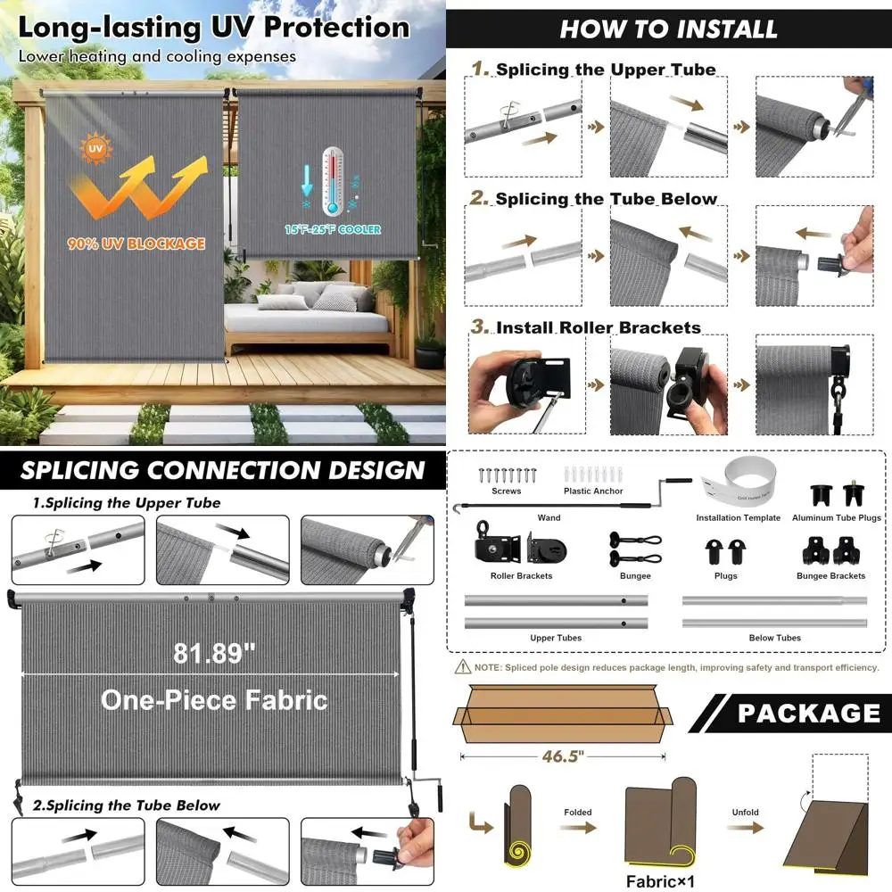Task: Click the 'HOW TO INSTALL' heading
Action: point(668,29)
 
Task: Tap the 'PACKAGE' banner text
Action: point(808,714)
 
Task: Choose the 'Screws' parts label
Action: point(506,491)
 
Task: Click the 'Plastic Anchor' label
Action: point(593,491)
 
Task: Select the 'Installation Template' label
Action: point(738,518)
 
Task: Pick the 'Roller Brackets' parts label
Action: point(521,576)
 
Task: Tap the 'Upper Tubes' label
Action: point(556,639)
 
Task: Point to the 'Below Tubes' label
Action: point(774,639)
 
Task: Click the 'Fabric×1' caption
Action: point(658,882)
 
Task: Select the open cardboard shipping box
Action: point(562,714)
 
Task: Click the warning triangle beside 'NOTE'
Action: point(462,667)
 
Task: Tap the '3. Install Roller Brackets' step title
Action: point(586,327)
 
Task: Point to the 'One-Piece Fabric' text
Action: point(214,699)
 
